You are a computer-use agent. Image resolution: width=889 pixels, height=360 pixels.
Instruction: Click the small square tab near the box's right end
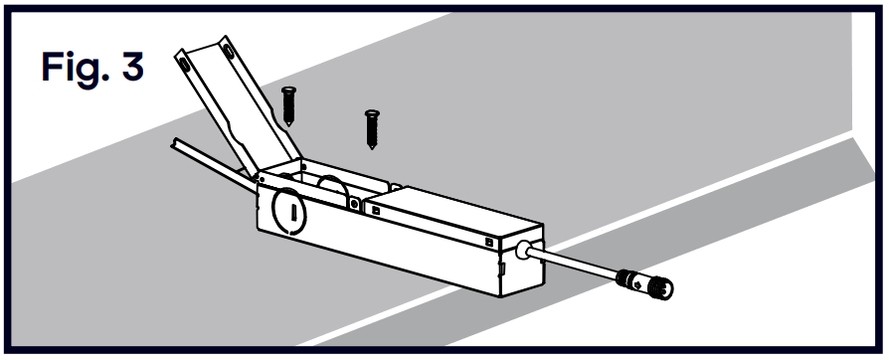tap(488, 241)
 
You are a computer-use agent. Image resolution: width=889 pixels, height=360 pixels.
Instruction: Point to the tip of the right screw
tap(373, 145)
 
